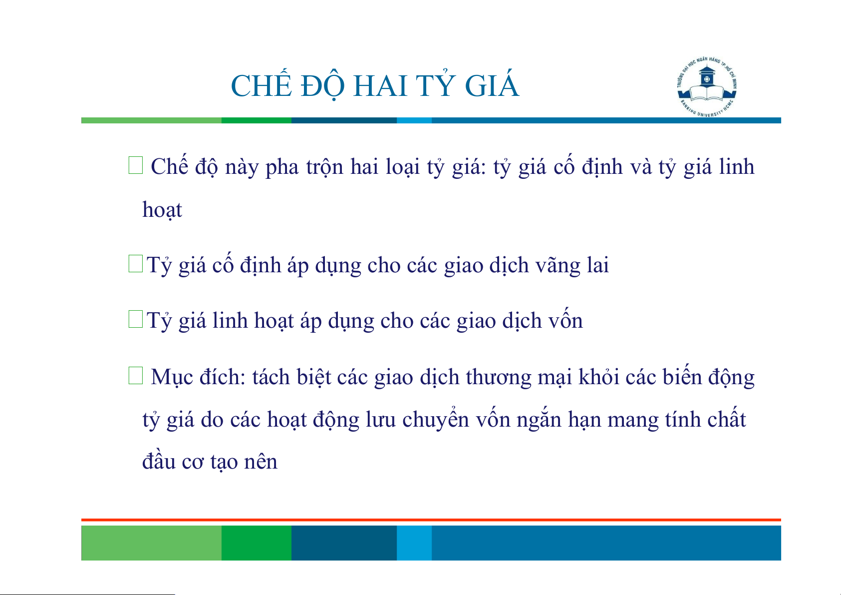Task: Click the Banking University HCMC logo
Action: point(707,87)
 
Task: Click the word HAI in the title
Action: point(380,86)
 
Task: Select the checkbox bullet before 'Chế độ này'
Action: point(136,165)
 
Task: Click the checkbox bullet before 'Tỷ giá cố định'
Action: point(136,263)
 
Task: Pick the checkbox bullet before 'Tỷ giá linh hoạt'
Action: point(136,319)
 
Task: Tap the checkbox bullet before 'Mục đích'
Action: point(136,376)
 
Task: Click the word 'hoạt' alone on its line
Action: point(162,209)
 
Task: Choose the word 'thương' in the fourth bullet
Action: point(498,378)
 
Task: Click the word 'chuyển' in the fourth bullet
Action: point(436,420)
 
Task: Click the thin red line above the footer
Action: point(431,520)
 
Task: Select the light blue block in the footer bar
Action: point(414,543)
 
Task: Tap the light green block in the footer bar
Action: point(151,543)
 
